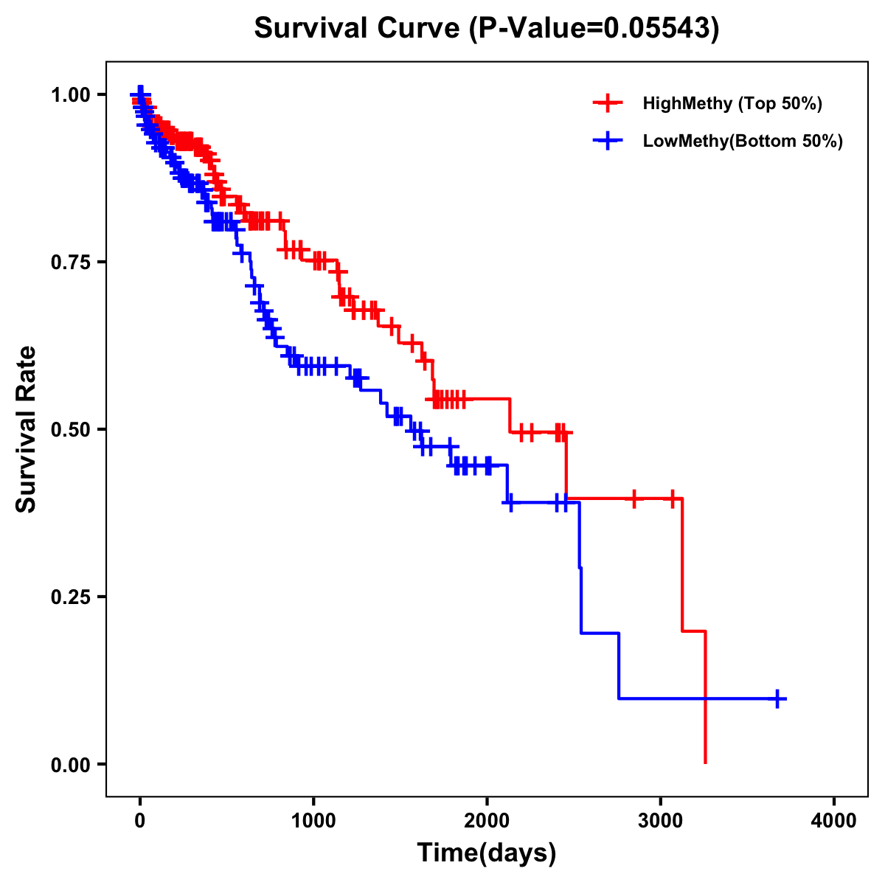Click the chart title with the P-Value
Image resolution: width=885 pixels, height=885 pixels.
coord(486,28)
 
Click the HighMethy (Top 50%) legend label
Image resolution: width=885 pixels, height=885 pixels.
coord(732,103)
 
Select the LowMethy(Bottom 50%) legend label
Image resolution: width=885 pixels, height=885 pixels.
coord(742,141)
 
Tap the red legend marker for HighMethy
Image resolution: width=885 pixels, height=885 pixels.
coord(608,103)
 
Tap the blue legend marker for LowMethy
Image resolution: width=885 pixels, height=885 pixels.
coord(608,141)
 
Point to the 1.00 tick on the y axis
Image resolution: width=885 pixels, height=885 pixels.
coord(72,94)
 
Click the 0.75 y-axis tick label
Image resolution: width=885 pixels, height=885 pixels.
coord(72,262)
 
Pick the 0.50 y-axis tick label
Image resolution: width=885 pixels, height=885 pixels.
coord(72,429)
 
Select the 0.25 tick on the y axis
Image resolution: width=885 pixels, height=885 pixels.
coord(72,597)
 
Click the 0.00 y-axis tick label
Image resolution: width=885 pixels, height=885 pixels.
coord(72,764)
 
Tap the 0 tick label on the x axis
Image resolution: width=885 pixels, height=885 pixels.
coord(140,821)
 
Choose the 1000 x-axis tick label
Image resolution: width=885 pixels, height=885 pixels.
coord(313,821)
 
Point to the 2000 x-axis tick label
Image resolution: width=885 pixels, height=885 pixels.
coord(487,821)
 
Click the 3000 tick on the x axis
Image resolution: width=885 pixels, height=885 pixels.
coord(660,821)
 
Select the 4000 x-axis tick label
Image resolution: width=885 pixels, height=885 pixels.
coord(834,821)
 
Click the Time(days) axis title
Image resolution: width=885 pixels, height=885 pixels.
coord(486,853)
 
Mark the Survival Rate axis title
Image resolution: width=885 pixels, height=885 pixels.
coord(27,429)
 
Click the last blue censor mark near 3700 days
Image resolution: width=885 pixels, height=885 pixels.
coord(777,698)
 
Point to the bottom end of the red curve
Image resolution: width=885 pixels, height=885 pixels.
coord(706,762)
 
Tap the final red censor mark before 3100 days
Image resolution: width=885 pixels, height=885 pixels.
coord(672,499)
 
